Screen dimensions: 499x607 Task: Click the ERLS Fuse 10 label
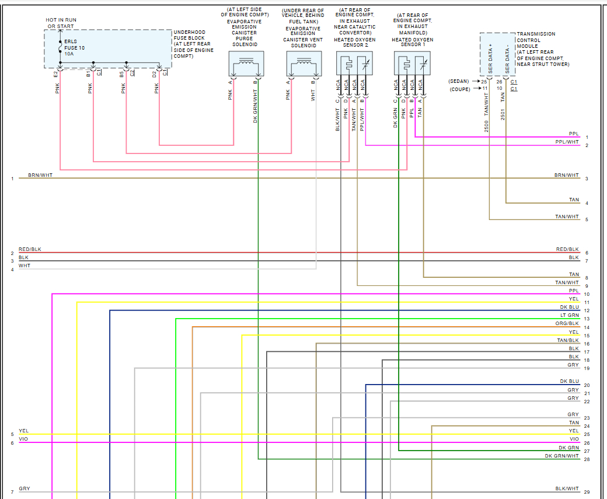pos(74,47)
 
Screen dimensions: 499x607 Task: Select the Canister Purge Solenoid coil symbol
pos(246,61)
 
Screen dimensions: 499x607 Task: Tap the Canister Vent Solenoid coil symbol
pos(303,61)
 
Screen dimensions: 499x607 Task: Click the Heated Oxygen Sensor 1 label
pos(412,44)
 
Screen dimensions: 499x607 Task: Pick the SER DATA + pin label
pos(490,53)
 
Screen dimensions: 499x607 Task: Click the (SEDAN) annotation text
pos(459,81)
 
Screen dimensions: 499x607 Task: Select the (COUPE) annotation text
pos(459,89)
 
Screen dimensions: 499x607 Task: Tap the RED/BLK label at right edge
pos(567,249)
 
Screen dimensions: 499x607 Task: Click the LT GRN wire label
pos(570,315)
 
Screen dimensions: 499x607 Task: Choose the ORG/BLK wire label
pos(567,323)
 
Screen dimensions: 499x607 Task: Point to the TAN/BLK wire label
pos(568,340)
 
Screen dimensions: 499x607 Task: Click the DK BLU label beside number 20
pos(569,381)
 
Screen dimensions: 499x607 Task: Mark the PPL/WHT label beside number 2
pos(567,142)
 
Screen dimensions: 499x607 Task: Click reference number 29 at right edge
pos(587,493)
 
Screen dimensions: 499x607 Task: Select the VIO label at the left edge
pos(23,439)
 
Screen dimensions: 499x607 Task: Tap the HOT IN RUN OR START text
pos(61,23)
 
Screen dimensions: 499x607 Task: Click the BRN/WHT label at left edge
pos(40,175)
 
